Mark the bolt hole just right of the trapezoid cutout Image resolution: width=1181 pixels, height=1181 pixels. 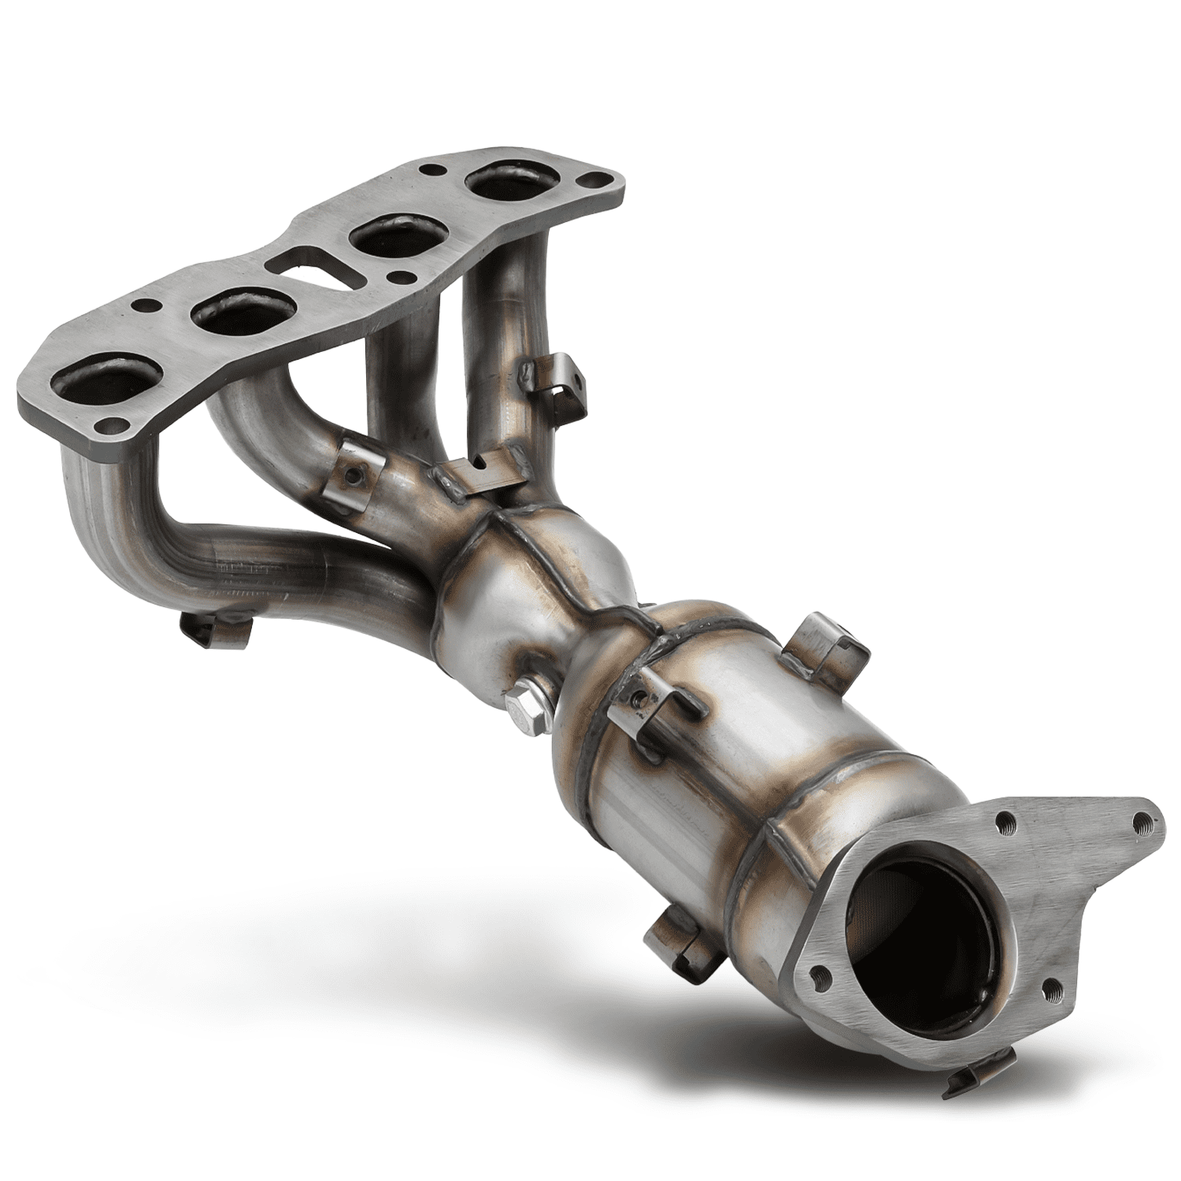tap(404, 276)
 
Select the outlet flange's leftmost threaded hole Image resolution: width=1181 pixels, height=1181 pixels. tap(819, 972)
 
